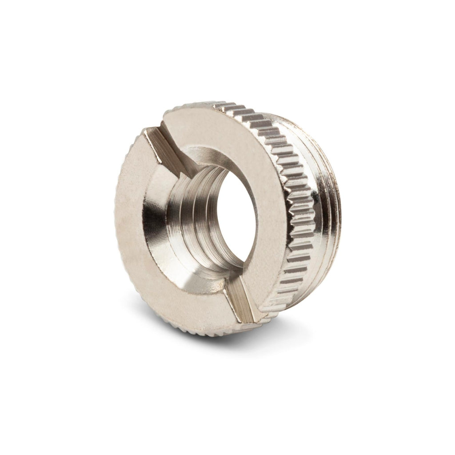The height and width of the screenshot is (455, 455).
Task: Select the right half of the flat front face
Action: [x=258, y=178]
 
